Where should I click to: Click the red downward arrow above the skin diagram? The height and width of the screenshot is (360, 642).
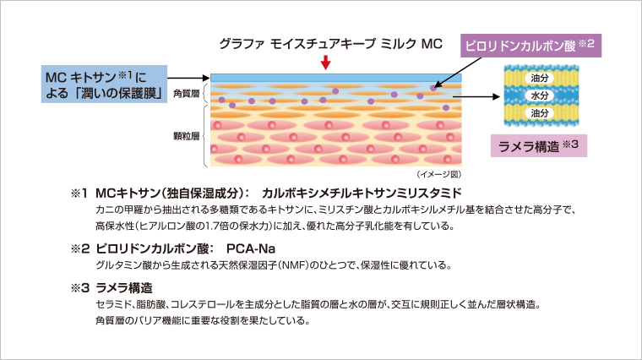[326, 63]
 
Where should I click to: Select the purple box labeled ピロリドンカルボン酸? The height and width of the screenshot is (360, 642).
[530, 44]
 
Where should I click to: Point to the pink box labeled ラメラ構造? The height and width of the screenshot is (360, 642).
[538, 144]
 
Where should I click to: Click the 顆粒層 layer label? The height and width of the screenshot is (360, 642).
[185, 135]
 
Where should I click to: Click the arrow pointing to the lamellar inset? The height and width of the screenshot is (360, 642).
[478, 95]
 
